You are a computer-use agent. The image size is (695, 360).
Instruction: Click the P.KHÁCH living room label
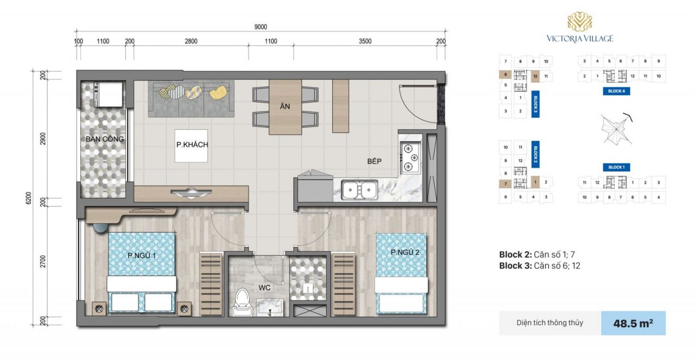[x=192, y=145]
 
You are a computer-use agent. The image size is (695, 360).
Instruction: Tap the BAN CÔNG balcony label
[x=105, y=140]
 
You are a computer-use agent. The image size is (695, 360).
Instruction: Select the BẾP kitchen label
[x=374, y=161]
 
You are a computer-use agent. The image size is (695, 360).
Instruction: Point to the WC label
[x=264, y=288]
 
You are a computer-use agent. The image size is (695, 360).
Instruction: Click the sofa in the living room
[x=191, y=98]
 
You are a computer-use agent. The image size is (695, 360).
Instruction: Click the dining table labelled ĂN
[x=285, y=107]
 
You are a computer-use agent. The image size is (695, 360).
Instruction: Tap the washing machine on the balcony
[x=105, y=94]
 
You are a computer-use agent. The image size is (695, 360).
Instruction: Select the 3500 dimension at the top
[x=365, y=41]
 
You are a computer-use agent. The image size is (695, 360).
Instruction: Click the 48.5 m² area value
[x=633, y=323]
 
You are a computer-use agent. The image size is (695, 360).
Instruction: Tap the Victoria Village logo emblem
[x=579, y=22]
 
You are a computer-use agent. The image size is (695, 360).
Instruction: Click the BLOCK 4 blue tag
[x=616, y=91]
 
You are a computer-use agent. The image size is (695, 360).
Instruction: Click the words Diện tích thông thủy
[x=549, y=323]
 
